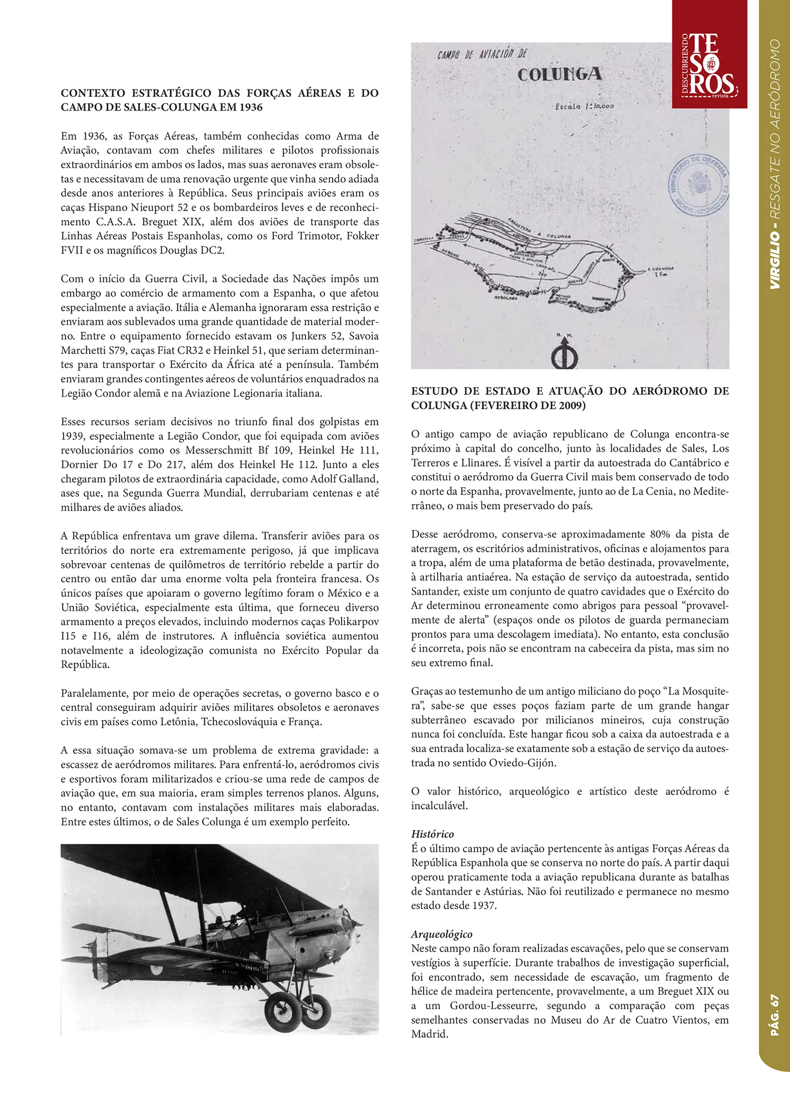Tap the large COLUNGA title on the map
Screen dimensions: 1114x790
tap(559, 74)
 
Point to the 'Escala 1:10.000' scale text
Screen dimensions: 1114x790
tap(584, 106)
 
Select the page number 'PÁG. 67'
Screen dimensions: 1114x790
tap(774, 1015)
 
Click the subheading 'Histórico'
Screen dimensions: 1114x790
tap(432, 834)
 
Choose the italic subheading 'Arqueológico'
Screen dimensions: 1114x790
tap(441, 934)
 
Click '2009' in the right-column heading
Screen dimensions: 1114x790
tap(569, 405)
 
